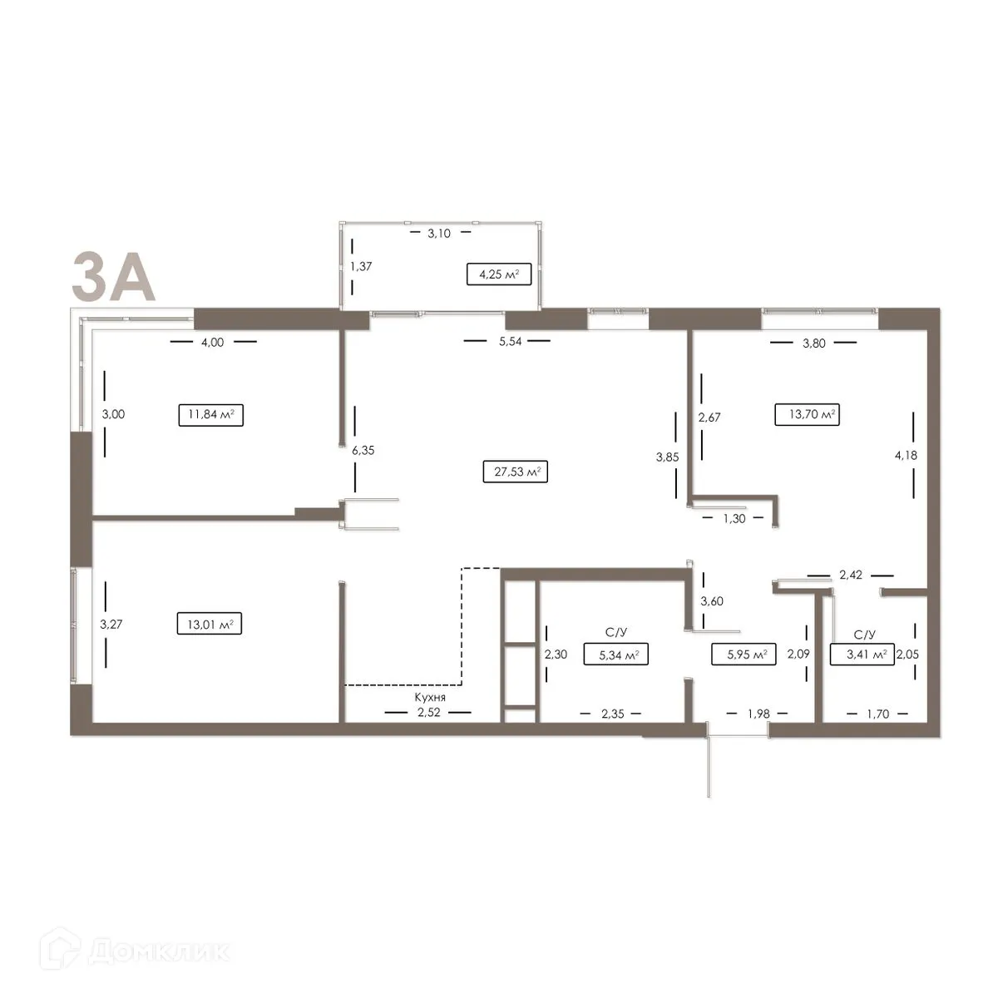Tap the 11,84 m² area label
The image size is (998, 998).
tap(211, 415)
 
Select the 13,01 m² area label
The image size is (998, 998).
tap(210, 623)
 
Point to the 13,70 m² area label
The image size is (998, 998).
tap(807, 414)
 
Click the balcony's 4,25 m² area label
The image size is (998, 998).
tap(499, 274)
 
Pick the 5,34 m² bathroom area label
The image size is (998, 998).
tap(616, 655)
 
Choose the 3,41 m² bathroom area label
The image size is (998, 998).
tap(862, 655)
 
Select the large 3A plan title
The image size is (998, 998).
tap(113, 276)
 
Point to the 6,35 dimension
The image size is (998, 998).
tap(363, 450)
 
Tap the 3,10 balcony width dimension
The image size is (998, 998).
tap(439, 234)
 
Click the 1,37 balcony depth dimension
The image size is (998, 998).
tap(360, 266)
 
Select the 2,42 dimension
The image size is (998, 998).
tap(851, 574)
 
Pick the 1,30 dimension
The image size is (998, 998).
tap(734, 518)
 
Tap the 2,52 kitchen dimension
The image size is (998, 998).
tap(428, 713)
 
